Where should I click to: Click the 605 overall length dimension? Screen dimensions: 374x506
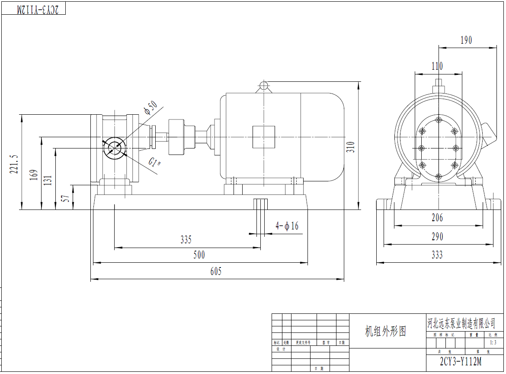[216, 271]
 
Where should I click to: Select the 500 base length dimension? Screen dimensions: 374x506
[199, 255]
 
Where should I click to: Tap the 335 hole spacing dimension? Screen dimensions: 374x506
[186, 239]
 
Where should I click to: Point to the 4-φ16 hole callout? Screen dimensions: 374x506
[287, 226]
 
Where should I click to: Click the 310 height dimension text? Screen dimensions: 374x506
[351, 147]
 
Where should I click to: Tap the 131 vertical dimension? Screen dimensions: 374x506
[48, 180]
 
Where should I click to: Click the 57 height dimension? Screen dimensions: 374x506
[66, 199]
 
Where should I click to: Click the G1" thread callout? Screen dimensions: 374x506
[155, 163]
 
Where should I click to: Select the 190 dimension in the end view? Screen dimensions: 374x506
[466, 40]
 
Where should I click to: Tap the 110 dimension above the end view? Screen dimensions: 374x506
[437, 66]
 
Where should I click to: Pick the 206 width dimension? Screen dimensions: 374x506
[437, 218]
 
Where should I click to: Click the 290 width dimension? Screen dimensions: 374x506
[437, 237]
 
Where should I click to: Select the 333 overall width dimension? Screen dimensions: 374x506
[437, 255]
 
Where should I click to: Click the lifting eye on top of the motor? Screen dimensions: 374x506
[264, 85]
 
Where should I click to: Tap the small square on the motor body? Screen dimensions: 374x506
[264, 137]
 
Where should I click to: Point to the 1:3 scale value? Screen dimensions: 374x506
[493, 342]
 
